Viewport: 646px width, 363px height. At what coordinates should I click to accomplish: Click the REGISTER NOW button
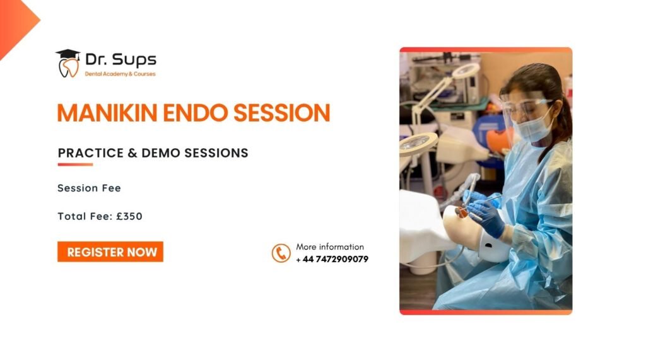(110, 251)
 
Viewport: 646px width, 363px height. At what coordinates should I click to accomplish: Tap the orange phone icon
(281, 253)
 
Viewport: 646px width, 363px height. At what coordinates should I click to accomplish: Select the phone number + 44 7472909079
(332, 259)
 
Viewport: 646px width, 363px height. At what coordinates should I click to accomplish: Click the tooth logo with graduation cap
(68, 64)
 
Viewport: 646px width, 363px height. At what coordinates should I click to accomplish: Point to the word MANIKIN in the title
(107, 113)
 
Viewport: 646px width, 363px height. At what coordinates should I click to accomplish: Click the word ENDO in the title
(196, 113)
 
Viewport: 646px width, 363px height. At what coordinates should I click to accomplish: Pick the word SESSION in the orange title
(282, 113)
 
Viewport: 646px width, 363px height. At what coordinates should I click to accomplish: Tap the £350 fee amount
(129, 216)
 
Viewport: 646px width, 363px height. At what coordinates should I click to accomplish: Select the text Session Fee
(89, 188)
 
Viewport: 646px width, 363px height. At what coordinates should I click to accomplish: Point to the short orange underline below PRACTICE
(75, 164)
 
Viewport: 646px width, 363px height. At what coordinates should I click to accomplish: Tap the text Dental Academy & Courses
(120, 74)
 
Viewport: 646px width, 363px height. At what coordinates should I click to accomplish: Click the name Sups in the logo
(134, 60)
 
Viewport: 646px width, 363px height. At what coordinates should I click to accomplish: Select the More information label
(330, 247)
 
